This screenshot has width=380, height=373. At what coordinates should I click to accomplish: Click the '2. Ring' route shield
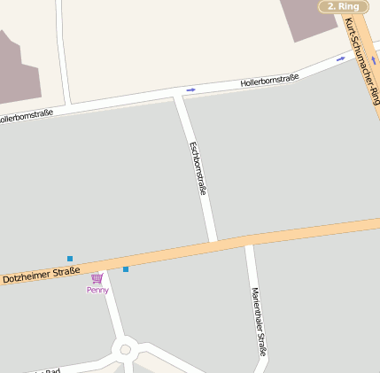pos(343,6)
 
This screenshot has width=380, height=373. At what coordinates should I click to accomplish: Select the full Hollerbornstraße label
pos(269,81)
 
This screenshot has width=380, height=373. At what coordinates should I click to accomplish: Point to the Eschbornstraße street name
pos(198,168)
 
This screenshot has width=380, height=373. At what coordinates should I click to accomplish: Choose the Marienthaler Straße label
pos(258,322)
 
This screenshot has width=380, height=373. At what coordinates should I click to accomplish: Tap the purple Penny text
pos(97,290)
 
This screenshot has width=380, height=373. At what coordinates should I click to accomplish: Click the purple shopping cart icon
pos(97,278)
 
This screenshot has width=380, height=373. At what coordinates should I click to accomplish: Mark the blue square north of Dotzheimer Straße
pos(70,259)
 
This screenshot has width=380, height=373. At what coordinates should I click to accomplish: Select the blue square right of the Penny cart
pos(126,268)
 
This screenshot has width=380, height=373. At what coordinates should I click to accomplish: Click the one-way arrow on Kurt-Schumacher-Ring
pos(373,61)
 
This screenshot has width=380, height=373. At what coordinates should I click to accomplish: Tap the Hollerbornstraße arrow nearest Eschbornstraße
pos(191,89)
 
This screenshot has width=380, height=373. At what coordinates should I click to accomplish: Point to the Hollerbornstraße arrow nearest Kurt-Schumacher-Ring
pos(341,59)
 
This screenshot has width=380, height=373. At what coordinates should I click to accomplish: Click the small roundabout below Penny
pos(125,350)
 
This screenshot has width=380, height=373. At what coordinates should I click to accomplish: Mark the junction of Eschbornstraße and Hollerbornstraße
pos(177,96)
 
